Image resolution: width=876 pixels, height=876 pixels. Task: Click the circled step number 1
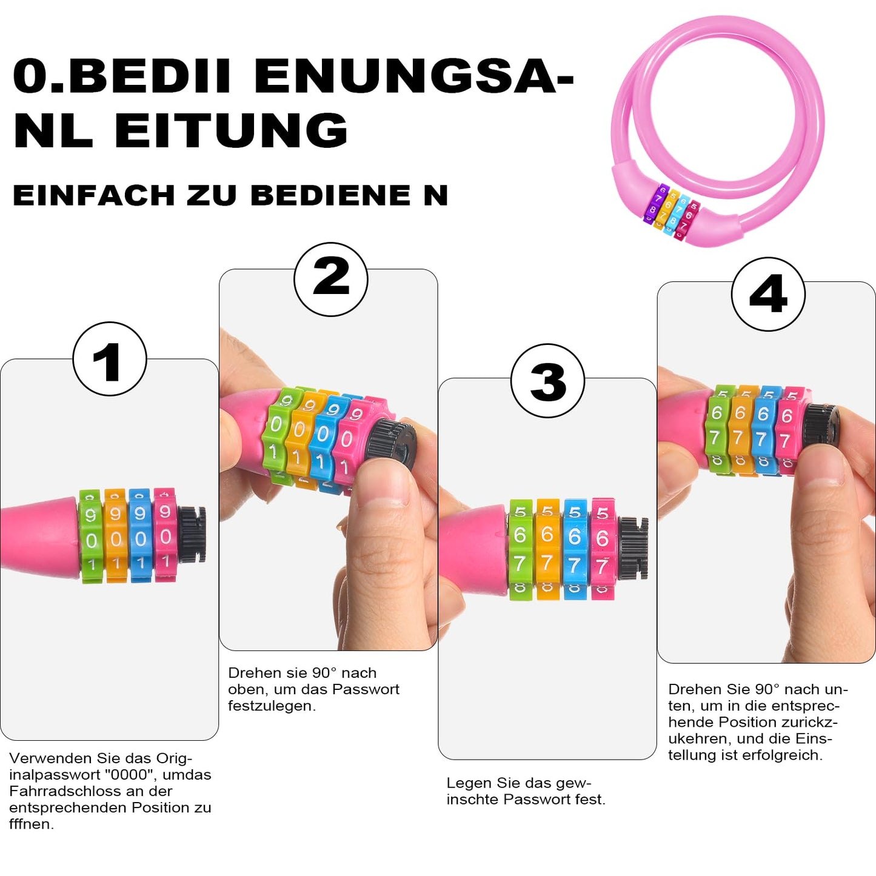[110, 359]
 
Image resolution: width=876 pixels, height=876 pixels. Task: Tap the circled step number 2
[330, 279]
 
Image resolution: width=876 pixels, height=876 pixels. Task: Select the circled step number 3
[547, 381]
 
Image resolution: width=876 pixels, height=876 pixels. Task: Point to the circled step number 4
[768, 294]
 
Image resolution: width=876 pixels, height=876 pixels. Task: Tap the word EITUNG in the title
[231, 130]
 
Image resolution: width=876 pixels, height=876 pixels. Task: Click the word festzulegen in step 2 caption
[272, 706]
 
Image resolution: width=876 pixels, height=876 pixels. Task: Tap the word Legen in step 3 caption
[470, 783]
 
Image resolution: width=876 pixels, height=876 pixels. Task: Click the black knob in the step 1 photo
[191, 535]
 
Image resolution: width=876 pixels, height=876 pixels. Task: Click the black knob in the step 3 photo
[634, 548]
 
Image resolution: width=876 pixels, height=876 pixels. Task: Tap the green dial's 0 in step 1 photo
[92, 540]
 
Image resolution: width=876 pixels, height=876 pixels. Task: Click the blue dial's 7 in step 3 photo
[575, 565]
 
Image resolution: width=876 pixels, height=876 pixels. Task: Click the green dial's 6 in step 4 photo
[717, 412]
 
